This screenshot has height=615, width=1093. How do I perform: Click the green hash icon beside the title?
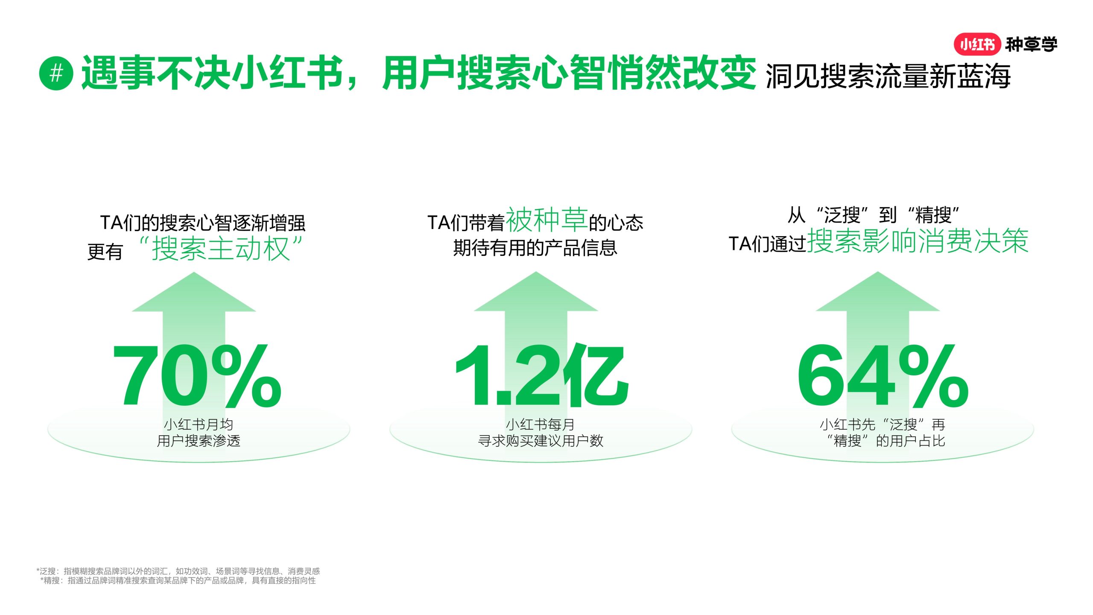[x=56, y=73]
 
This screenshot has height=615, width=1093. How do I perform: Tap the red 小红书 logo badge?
[x=977, y=44]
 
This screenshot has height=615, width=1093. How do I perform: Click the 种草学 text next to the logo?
[x=1032, y=44]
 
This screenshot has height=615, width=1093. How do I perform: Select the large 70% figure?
[x=197, y=375]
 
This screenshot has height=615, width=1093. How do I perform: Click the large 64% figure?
[x=883, y=375]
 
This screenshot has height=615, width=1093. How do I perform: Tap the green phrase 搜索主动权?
[x=221, y=248]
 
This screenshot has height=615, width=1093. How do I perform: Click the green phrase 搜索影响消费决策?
[x=918, y=241]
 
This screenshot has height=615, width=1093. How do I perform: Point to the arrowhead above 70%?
[x=194, y=292]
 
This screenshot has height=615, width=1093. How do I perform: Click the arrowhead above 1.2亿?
[x=536, y=292]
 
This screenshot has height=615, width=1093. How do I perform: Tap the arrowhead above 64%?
[x=878, y=292]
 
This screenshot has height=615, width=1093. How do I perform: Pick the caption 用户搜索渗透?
[x=199, y=441]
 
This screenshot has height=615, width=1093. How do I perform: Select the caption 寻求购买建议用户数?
[x=541, y=441]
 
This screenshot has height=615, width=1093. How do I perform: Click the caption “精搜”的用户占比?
[x=886, y=441]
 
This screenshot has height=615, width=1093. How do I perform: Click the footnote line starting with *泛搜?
[x=178, y=571]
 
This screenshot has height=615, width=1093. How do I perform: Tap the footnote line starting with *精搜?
[x=178, y=580]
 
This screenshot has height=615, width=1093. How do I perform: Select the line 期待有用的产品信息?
[x=535, y=248]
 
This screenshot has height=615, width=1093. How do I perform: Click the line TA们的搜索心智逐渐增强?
[x=203, y=223]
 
